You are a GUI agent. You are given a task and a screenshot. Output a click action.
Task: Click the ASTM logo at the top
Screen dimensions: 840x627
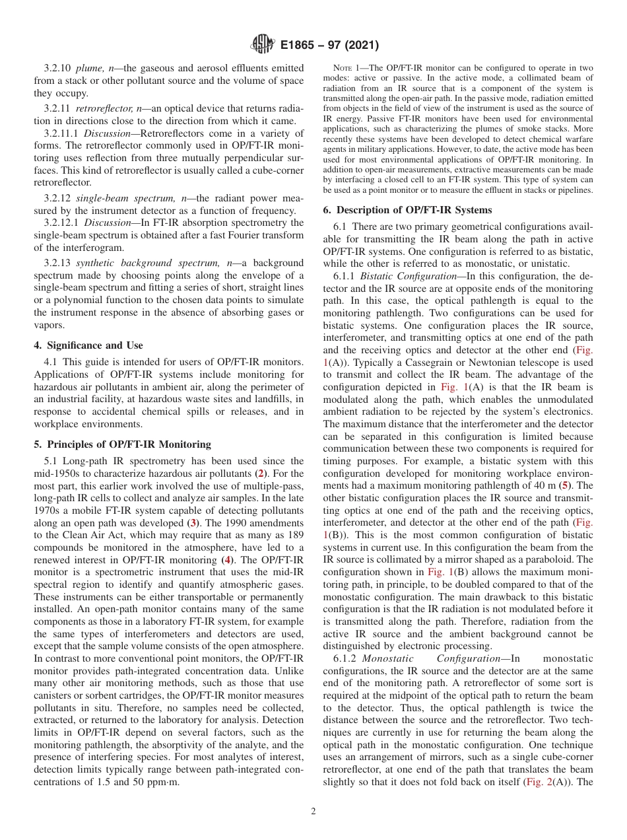click(x=262, y=45)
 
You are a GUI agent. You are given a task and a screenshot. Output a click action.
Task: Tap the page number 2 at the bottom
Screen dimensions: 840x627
click(x=313, y=811)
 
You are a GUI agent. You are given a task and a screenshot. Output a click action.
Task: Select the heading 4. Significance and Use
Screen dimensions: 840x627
click(x=88, y=345)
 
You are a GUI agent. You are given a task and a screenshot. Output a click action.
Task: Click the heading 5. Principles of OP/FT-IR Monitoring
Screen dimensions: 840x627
click(x=122, y=444)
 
